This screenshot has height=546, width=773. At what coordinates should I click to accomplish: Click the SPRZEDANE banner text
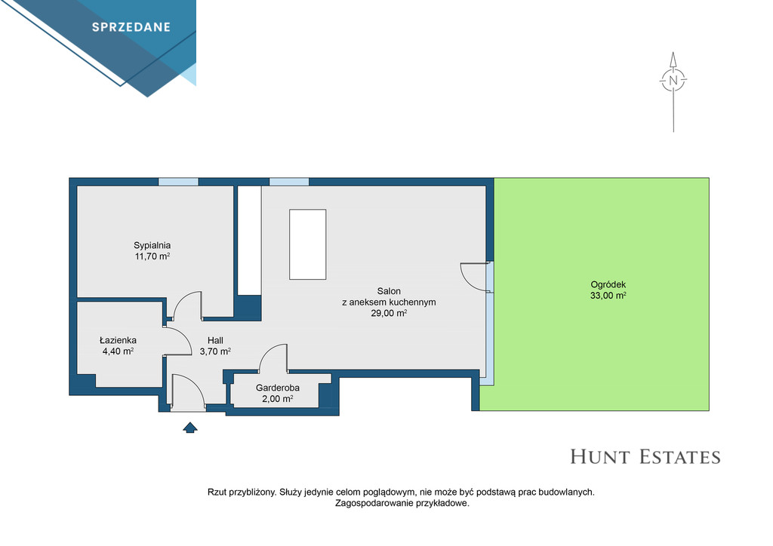pos(131,27)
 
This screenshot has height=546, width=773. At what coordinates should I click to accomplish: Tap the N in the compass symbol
pos(673,80)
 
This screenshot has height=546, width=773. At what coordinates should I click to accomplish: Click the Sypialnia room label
pos(152,245)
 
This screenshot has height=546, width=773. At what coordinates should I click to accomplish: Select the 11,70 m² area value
pos(152,256)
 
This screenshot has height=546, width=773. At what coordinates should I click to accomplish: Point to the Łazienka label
pos(118,340)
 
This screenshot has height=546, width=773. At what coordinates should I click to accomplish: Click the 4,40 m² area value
pos(118,351)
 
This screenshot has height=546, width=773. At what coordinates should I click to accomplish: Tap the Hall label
pos(215,340)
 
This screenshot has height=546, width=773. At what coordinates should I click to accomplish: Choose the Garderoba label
pos(278,388)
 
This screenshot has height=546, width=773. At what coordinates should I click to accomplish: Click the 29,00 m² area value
pos(389,313)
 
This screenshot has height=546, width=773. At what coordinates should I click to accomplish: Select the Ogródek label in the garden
pos(608,284)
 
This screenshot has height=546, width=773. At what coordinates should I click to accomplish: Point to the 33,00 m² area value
pos(608,296)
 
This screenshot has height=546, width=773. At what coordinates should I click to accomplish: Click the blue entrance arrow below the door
pos(190,428)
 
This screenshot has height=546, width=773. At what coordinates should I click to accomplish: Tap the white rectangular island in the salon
pos(308,244)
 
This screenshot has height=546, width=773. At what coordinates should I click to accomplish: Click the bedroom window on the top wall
pos(178,182)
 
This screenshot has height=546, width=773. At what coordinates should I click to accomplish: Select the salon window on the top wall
pos(289,182)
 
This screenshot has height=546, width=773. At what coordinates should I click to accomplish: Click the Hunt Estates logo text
pos(645,457)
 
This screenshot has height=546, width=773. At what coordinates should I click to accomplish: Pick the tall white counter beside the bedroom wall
pos(250,241)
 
